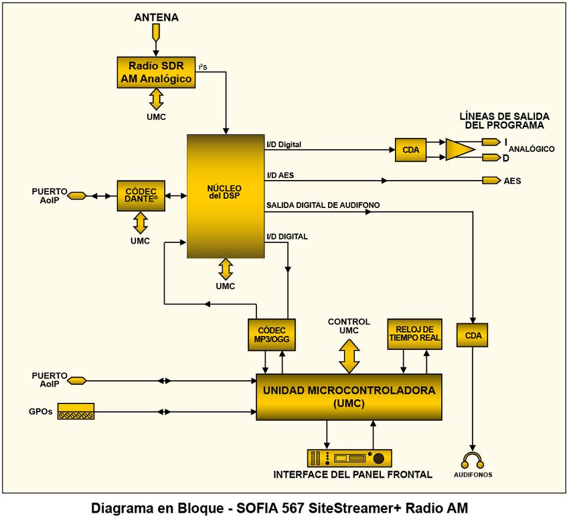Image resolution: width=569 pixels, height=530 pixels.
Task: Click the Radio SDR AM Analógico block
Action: (x=156, y=72)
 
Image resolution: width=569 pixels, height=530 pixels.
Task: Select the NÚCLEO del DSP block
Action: (x=226, y=196)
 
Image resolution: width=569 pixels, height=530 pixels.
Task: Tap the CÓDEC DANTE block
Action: (x=141, y=195)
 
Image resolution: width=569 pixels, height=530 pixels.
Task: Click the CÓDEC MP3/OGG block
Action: (x=272, y=335)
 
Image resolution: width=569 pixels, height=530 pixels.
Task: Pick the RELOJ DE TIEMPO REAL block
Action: (x=414, y=334)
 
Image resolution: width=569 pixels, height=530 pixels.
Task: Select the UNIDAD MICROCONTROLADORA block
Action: (x=349, y=397)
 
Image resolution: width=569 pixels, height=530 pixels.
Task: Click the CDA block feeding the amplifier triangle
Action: (x=411, y=150)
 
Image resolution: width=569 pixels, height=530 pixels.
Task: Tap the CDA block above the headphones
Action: (x=473, y=335)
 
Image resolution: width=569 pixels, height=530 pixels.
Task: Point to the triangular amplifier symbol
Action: (x=459, y=150)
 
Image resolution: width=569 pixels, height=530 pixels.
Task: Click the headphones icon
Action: (x=473, y=460)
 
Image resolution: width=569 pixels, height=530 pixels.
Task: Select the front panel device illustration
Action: (x=349, y=458)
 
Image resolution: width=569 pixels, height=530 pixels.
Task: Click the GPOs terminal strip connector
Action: (x=76, y=412)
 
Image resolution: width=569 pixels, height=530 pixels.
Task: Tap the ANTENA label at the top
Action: (x=157, y=17)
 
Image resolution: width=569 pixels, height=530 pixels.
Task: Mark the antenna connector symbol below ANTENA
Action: (x=156, y=32)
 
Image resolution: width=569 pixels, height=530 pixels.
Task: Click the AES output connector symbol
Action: (x=491, y=181)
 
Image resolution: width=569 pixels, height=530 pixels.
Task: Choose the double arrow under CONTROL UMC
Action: (x=349, y=356)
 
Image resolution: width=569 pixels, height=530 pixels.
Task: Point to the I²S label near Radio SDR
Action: (x=202, y=66)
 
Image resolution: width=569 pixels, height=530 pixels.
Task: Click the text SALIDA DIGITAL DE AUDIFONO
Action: (x=323, y=205)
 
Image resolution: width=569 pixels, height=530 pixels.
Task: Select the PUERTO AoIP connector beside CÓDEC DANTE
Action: (x=77, y=195)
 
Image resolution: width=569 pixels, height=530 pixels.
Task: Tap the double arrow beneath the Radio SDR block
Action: (x=156, y=99)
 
